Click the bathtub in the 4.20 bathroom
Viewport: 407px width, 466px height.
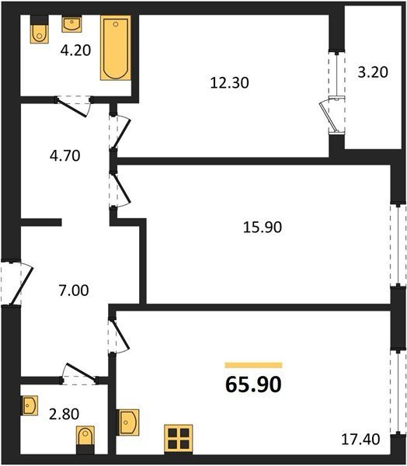coord(116,48)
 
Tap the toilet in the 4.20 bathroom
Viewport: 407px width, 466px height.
coord(40,30)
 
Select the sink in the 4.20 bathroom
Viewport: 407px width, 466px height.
coord(71,24)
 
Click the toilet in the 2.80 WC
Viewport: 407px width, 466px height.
coord(85,440)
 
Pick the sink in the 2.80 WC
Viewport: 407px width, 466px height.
coord(30,405)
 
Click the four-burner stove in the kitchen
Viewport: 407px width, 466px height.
coord(179,440)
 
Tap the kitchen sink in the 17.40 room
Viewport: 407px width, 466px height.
coord(128,423)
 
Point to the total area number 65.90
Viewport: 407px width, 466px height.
coord(253,384)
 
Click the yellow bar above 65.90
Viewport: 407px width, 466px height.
coord(253,365)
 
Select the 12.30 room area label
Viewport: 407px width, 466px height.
coord(229,82)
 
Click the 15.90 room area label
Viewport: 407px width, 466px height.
coord(263,228)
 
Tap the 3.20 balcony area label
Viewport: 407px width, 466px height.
coord(373,72)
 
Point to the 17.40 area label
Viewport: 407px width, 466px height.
coord(360,440)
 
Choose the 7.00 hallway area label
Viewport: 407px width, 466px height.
coord(74,290)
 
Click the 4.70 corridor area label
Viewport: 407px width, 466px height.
coord(65,156)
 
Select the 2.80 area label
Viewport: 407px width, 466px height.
coord(64,414)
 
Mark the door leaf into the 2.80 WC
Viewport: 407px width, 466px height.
coord(81,372)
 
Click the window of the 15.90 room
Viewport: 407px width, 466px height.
coord(398,245)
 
